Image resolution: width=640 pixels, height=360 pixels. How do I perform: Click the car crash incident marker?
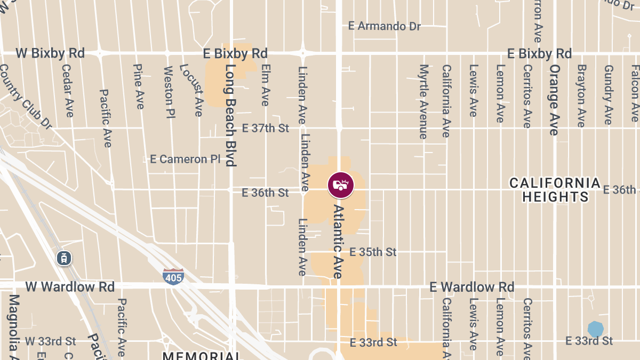point(340,185)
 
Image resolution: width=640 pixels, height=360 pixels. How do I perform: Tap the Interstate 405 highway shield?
point(173,276)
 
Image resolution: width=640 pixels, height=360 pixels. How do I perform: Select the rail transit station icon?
point(65,258)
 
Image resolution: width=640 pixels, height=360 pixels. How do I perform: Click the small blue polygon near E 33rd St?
point(595,329)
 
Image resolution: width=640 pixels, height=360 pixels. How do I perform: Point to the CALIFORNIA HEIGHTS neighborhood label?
point(555,190)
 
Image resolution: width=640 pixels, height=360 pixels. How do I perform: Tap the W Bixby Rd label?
point(50,53)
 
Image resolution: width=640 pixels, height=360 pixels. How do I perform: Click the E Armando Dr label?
point(384,26)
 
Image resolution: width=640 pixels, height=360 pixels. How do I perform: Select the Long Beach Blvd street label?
point(230,115)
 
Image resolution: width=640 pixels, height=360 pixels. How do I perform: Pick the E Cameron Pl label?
point(185,159)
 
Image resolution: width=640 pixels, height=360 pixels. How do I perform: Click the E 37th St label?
point(265,128)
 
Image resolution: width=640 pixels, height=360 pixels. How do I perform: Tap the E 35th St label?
point(373,252)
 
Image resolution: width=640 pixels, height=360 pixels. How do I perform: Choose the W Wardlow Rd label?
point(70,287)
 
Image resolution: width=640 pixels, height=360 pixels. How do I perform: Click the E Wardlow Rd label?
point(472,287)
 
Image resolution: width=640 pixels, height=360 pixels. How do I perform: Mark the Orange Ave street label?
point(554,100)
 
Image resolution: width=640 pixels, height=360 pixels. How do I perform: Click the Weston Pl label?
point(169,93)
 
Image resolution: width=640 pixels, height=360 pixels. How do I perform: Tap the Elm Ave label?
point(265,85)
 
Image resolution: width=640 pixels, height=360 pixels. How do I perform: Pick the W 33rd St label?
point(51,341)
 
